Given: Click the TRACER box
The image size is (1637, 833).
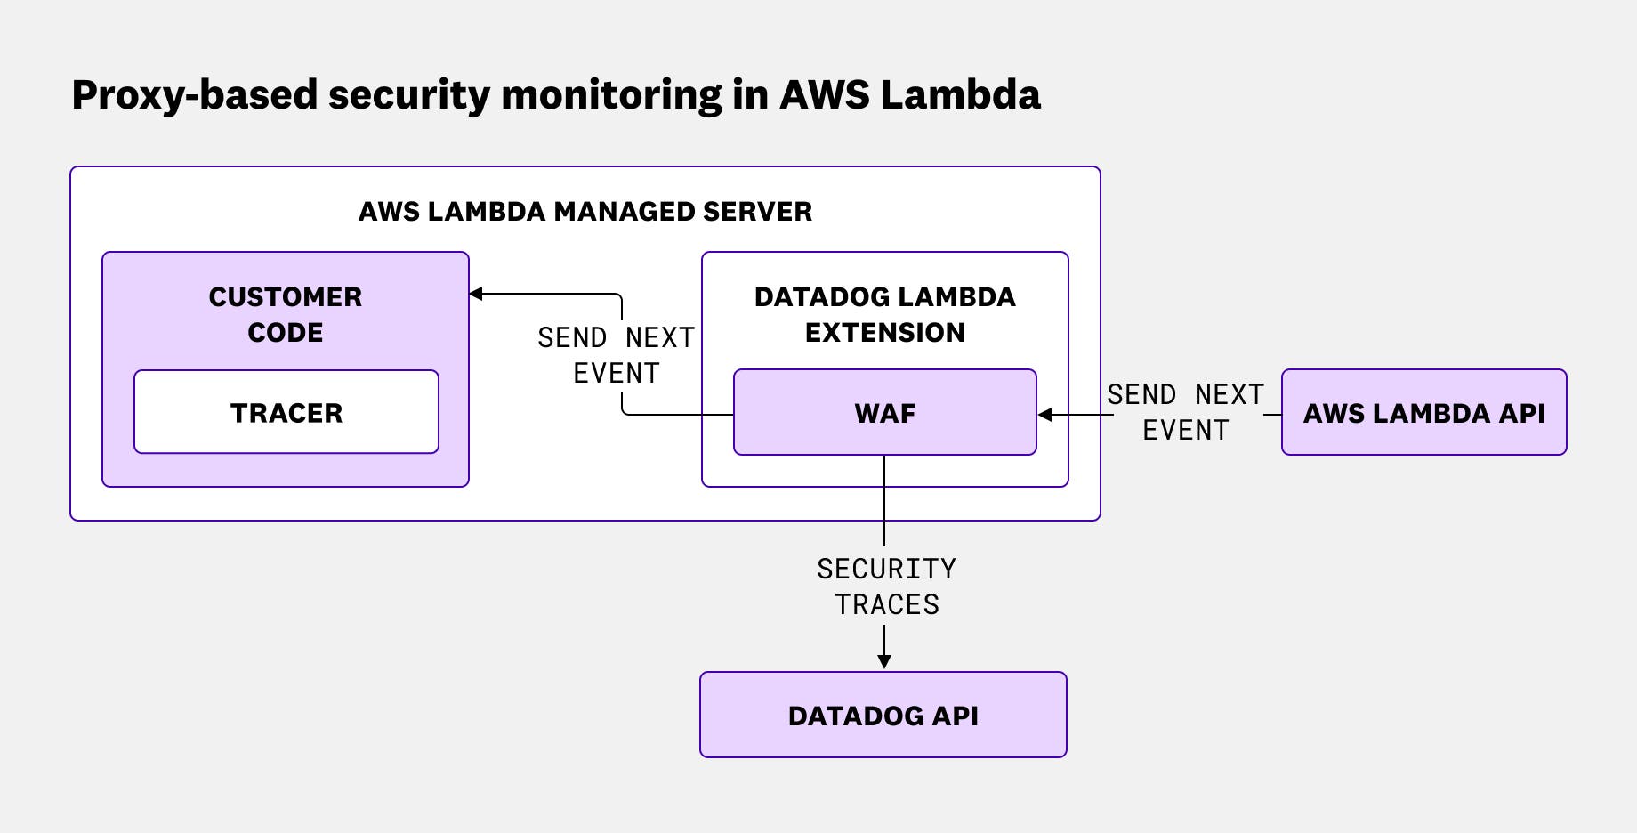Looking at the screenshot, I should pyautogui.click(x=286, y=412).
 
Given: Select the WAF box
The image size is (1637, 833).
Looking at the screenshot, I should pyautogui.click(x=884, y=412).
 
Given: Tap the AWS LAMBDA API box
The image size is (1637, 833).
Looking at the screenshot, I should pyautogui.click(x=1423, y=412).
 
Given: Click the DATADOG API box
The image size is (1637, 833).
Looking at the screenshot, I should pyautogui.click(x=883, y=715).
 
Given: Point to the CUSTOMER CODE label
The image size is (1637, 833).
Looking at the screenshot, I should pyautogui.click(x=286, y=313).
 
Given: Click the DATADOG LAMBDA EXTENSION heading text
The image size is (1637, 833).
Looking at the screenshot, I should pyautogui.click(x=884, y=313).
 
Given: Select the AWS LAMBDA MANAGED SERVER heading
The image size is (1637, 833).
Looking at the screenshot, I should pyautogui.click(x=585, y=211).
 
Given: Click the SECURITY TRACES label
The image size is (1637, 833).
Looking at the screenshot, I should pyautogui.click(x=886, y=586).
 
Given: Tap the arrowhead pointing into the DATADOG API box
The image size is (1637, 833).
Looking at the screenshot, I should pyautogui.click(x=884, y=661).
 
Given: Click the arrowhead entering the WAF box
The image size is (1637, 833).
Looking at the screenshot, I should pyautogui.click(x=1045, y=415).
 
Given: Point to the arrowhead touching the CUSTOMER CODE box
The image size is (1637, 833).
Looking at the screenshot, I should pyautogui.click(x=476, y=294).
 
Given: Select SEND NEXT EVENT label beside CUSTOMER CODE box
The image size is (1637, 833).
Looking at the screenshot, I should pyautogui.click(x=616, y=354).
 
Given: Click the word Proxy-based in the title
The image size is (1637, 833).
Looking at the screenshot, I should pyautogui.click(x=193, y=95).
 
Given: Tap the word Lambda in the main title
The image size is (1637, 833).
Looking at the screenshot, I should pyautogui.click(x=960, y=94).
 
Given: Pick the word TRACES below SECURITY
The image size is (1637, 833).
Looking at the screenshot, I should pyautogui.click(x=886, y=604).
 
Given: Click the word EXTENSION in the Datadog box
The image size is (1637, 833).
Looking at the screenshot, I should pyautogui.click(x=884, y=332).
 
